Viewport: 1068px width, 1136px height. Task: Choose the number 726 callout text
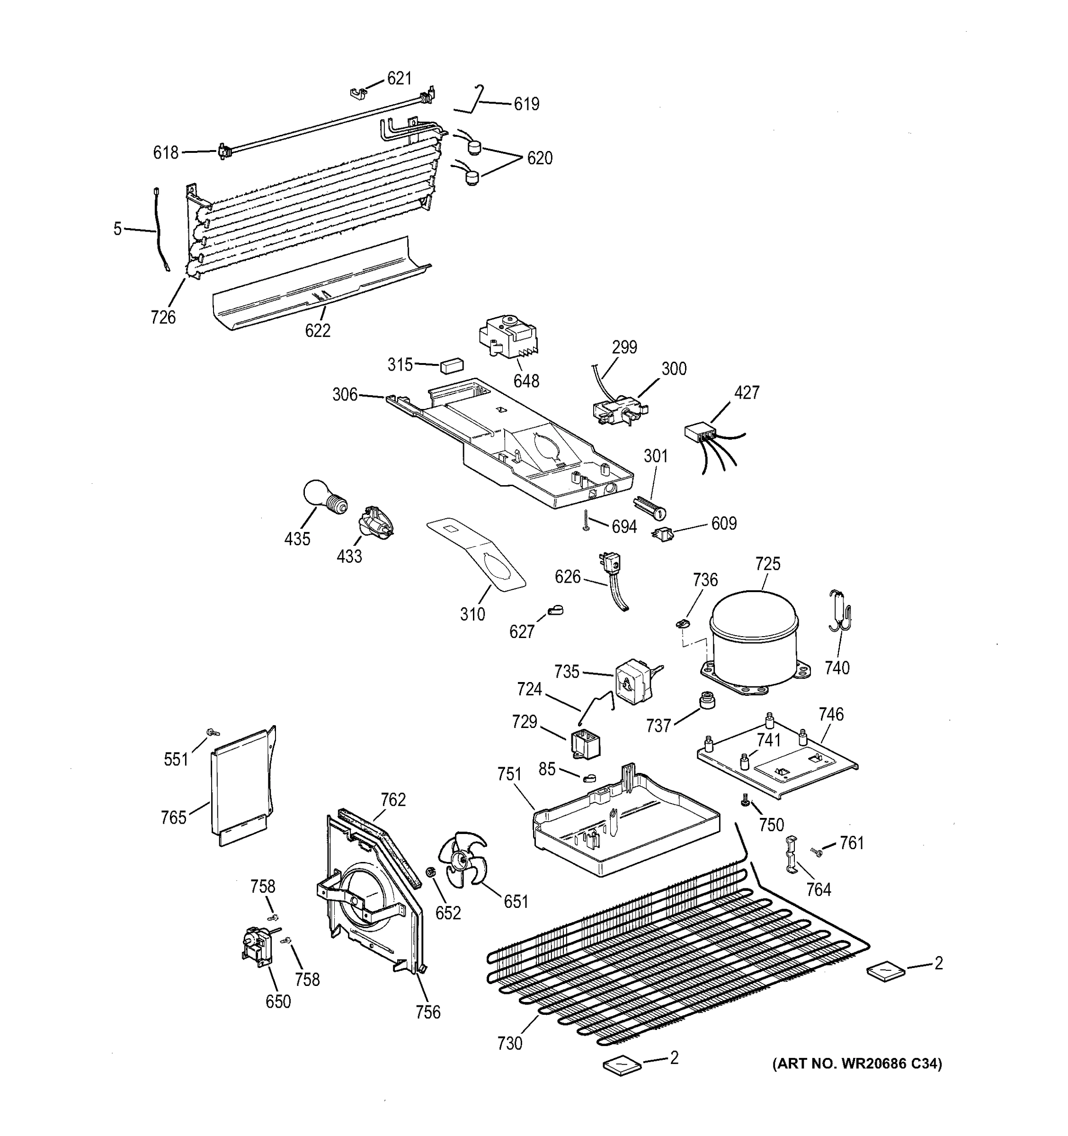click(163, 317)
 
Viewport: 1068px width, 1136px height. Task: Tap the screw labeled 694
click(586, 521)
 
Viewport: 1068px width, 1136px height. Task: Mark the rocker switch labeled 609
click(662, 535)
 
